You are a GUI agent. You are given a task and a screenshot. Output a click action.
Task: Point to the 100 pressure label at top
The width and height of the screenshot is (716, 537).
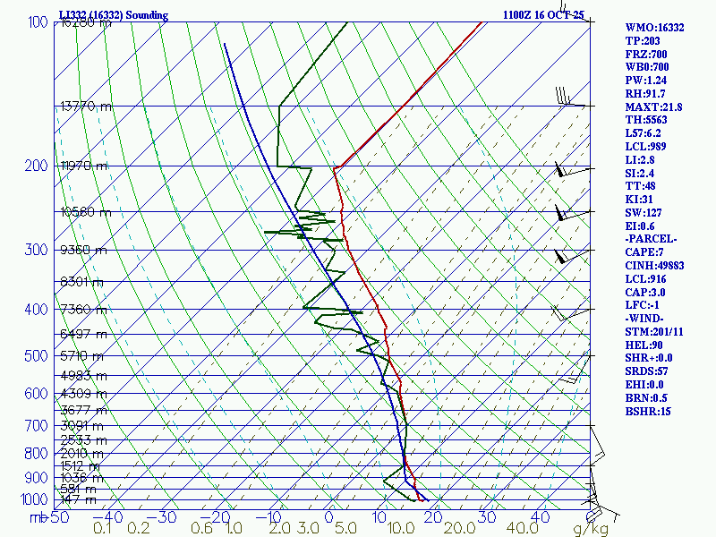38,22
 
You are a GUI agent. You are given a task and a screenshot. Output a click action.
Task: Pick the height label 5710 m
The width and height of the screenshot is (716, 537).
82,356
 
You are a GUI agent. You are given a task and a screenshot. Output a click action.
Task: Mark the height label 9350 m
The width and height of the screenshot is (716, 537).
82,251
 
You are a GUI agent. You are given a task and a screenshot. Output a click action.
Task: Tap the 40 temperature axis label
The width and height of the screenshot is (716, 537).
540,517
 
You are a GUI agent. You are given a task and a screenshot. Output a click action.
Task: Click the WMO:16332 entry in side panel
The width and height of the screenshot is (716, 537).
654,28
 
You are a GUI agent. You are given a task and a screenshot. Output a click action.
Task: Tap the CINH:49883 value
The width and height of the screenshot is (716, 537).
657,266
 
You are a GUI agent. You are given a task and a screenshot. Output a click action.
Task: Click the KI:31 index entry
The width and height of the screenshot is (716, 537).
641,200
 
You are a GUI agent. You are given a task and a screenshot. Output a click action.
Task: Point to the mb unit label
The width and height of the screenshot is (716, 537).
38,517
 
